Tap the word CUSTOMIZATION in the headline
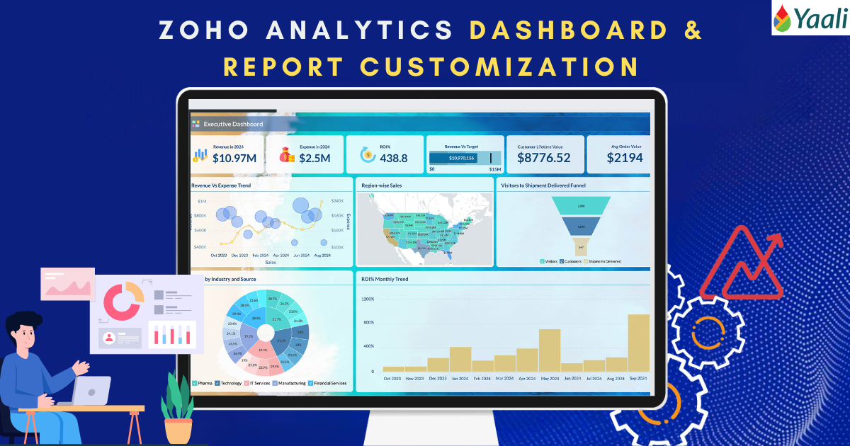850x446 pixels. (499, 66)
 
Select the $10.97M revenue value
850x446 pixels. (234, 158)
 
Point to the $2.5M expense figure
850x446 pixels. (314, 158)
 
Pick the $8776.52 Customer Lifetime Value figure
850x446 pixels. (543, 158)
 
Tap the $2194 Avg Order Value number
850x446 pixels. (625, 158)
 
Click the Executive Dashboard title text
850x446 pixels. (233, 124)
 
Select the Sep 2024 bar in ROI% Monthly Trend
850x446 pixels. (639, 343)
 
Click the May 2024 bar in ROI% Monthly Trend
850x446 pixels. (550, 350)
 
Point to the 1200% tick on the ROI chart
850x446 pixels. (368, 299)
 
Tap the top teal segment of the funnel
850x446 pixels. (581, 205)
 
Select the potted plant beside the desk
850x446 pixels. (176, 407)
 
